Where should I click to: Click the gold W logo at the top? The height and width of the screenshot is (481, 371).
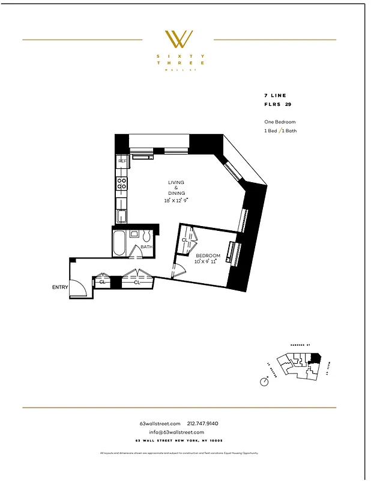point(178,39)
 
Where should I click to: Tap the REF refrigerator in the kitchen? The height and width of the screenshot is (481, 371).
point(122,161)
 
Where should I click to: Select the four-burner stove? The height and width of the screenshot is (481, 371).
point(122,183)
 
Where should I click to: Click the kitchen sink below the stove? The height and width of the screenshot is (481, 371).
point(122,216)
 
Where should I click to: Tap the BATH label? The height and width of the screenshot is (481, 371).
point(146,247)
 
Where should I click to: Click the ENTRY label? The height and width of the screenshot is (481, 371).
point(60,287)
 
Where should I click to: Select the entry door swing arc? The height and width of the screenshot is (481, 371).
point(80,289)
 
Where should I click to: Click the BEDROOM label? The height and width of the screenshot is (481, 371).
point(208,256)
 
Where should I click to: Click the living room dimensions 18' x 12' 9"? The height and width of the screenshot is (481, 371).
point(176,200)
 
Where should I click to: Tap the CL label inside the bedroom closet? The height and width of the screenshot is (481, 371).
point(185,240)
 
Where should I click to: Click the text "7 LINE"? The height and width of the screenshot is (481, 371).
point(275,96)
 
